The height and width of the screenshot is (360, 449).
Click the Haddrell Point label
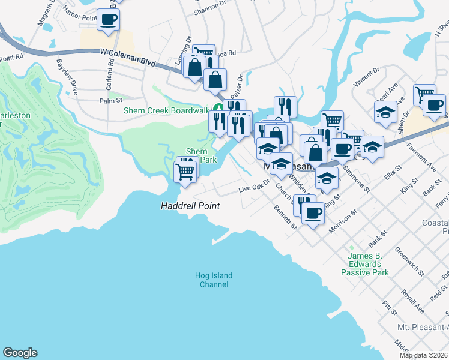click(190, 206)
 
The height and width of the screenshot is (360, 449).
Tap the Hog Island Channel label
click(213, 280)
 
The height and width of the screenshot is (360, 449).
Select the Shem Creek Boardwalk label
click(166, 110)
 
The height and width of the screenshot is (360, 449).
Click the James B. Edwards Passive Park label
click(365, 264)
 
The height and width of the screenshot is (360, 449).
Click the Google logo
click(20, 353)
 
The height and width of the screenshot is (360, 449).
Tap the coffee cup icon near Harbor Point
click(108, 19)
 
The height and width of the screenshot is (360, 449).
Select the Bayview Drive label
click(67, 77)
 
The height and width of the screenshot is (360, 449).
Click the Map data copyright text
click(424, 355)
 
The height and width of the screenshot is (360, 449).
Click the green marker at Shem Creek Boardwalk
click(219, 108)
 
